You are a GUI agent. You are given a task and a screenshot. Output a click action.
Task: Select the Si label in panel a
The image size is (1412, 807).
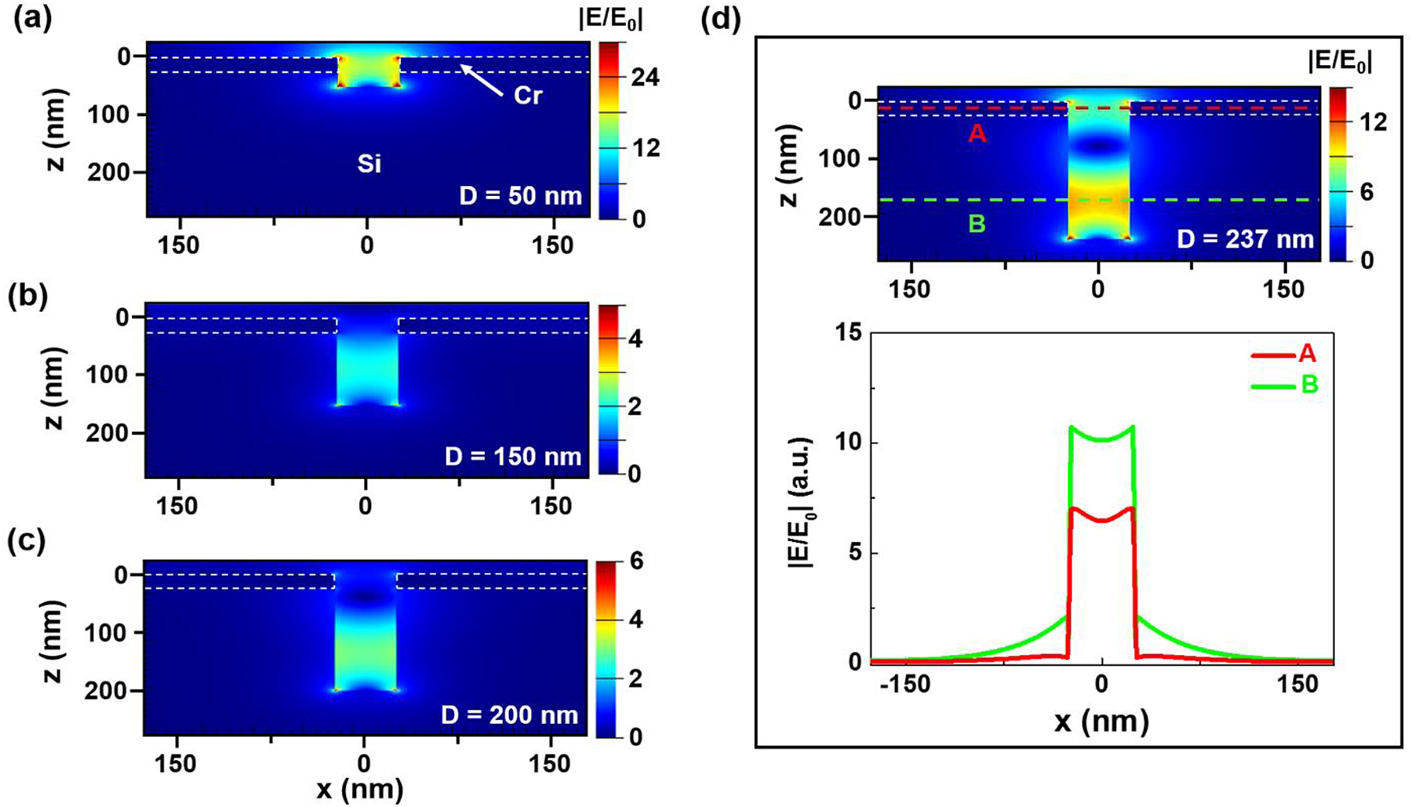tap(369, 165)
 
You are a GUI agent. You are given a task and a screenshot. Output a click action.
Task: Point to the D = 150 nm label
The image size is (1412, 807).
tap(513, 456)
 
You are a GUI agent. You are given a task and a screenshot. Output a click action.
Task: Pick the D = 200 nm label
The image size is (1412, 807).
tap(511, 714)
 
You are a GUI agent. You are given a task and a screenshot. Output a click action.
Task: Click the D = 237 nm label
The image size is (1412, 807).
tap(1245, 238)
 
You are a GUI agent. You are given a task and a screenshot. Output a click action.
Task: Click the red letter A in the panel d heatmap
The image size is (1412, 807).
tap(977, 135)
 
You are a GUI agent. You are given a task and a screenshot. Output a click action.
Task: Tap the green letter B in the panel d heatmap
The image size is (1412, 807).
tap(977, 224)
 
